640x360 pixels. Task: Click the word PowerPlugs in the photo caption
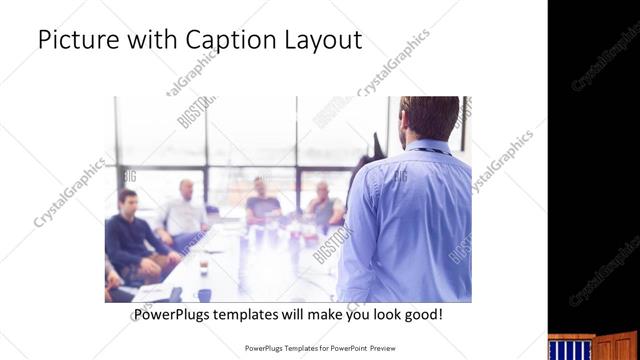tap(176, 314)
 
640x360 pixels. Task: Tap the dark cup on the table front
tap(204, 294)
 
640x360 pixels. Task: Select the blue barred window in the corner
tap(569, 349)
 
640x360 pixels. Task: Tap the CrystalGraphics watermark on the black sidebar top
tap(606, 60)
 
